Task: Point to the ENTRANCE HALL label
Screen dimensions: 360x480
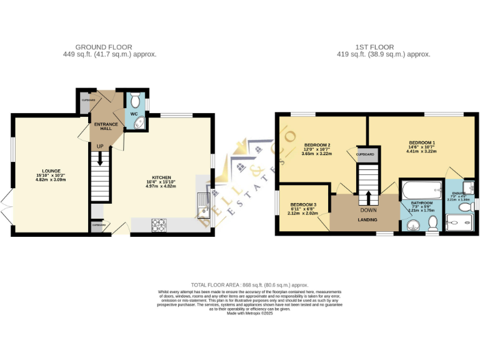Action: (106, 127)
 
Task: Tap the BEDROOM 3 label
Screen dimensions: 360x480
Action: (303, 204)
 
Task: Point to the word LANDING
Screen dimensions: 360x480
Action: (367, 220)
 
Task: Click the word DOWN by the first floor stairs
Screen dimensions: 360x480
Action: (367, 211)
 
